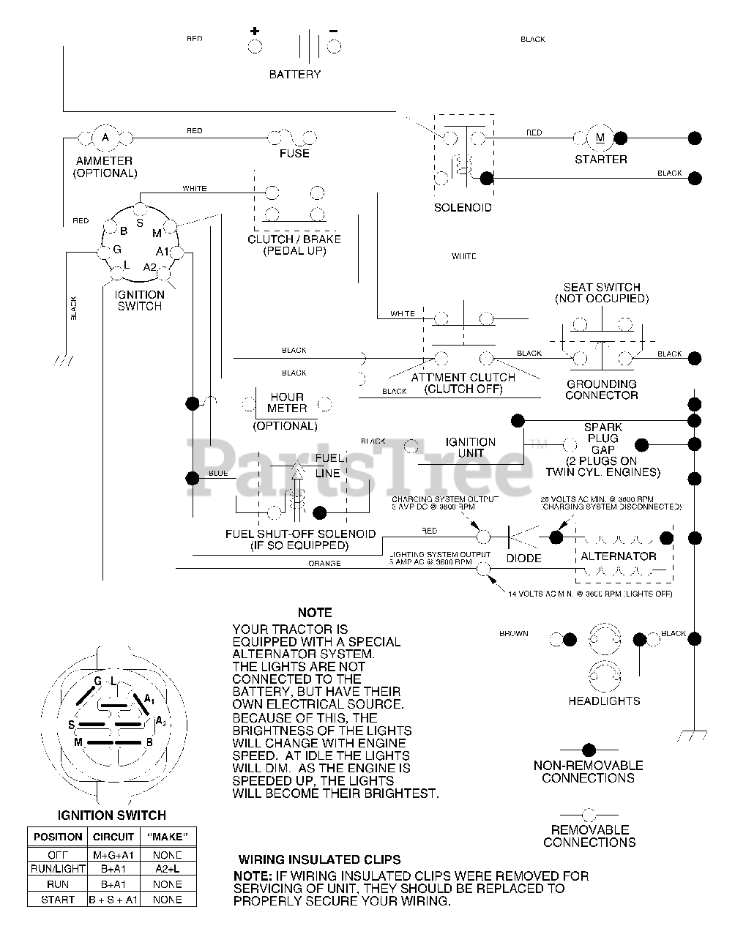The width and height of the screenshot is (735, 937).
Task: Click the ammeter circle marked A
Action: point(105,137)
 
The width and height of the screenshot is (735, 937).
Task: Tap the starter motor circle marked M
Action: point(600,137)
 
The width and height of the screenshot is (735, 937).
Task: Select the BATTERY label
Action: point(294,74)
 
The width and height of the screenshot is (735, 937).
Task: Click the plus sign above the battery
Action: point(255,31)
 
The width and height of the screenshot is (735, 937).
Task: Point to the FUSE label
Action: point(294,154)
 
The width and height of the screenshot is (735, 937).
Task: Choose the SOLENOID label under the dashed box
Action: point(463,207)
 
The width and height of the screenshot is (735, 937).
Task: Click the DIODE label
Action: point(524,558)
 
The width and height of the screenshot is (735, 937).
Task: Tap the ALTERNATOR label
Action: point(619,556)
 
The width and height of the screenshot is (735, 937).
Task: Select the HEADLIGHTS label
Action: point(604,701)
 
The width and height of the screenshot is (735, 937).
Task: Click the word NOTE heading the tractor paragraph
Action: point(315,612)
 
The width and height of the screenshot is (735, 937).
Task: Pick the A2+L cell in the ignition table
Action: point(167,869)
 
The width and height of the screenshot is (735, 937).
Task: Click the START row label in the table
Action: point(58,900)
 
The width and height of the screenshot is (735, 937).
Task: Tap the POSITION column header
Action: point(58,837)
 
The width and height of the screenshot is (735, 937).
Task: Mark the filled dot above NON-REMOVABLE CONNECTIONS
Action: point(588,750)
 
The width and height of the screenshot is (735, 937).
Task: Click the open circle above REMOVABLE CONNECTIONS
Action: point(588,813)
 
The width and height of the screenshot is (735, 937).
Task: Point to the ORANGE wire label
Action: point(324,564)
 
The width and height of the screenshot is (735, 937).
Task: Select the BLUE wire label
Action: point(218,474)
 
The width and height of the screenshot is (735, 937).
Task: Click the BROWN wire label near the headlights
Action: point(514,633)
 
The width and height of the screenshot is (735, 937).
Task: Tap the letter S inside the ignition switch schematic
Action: point(139,223)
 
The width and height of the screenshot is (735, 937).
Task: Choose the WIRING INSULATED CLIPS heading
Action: point(319,859)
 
